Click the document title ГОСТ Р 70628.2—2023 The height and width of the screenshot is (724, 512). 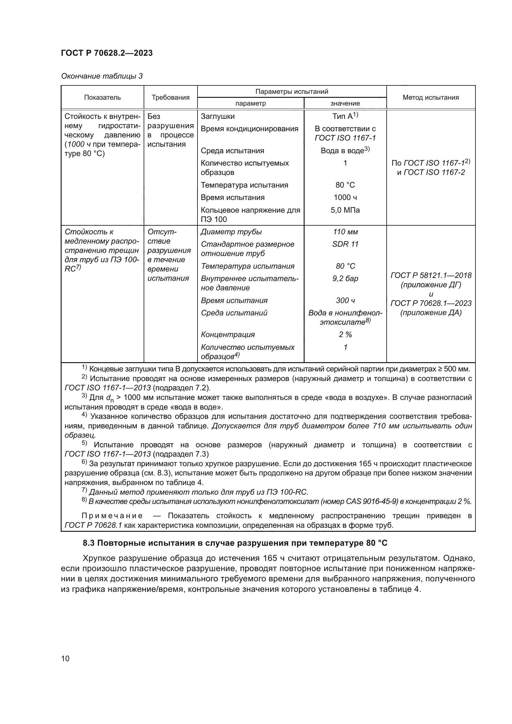pyautogui.click(x=106, y=53)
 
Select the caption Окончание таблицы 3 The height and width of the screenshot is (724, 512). pyautogui.click(x=102, y=76)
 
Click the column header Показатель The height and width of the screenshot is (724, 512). pyautogui.click(x=102, y=98)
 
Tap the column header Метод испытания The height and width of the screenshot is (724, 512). pyautogui.click(x=431, y=98)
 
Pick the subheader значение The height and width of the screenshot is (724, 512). pyautogui.click(x=345, y=103)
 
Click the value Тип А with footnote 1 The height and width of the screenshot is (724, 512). pyautogui.click(x=345, y=116)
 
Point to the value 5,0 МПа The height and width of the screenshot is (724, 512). pyautogui.click(x=345, y=210)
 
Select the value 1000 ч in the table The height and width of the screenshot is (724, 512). pyautogui.click(x=345, y=197)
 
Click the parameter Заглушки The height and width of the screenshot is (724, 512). pyautogui.click(x=218, y=116)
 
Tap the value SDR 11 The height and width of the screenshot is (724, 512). pyautogui.click(x=345, y=244)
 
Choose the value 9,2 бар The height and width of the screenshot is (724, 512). pyautogui.click(x=345, y=279)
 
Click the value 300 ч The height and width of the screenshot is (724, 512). pyautogui.click(x=345, y=301)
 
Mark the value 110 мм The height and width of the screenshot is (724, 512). pyautogui.click(x=345, y=232)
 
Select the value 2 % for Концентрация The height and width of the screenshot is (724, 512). pyautogui.click(x=345, y=335)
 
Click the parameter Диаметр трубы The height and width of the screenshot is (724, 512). pyautogui.click(x=231, y=232)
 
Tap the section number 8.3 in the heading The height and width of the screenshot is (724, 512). pyautogui.click(x=89, y=543)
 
